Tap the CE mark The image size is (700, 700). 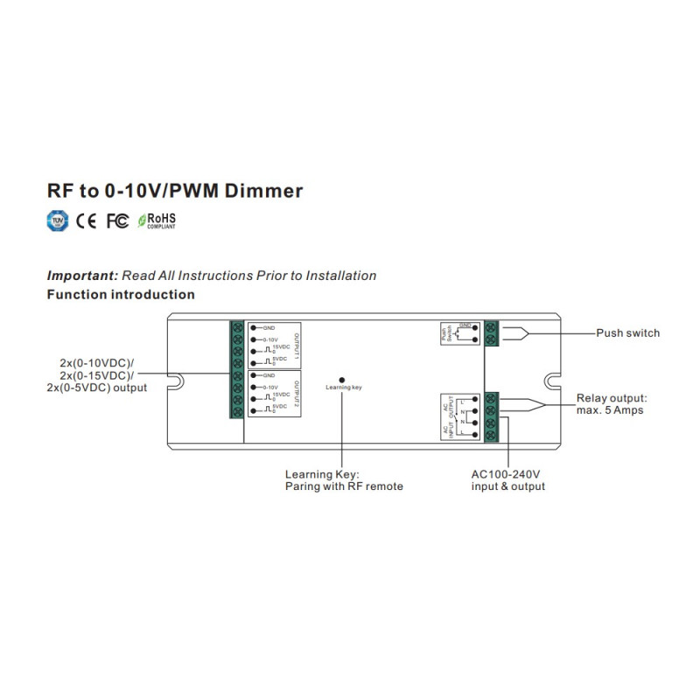[87, 220]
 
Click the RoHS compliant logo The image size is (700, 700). [157, 220]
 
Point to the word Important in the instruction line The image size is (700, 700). [81, 276]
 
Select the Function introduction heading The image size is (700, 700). [121, 295]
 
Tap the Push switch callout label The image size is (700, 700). [627, 333]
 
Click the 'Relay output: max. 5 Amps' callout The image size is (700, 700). [612, 404]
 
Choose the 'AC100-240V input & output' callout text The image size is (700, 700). [507, 479]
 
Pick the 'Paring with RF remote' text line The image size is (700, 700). [344, 486]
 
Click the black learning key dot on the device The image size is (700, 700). [341, 380]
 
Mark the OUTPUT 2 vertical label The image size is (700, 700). [296, 392]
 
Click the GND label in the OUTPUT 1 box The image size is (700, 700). [269, 327]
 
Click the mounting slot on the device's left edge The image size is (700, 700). [174, 381]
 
